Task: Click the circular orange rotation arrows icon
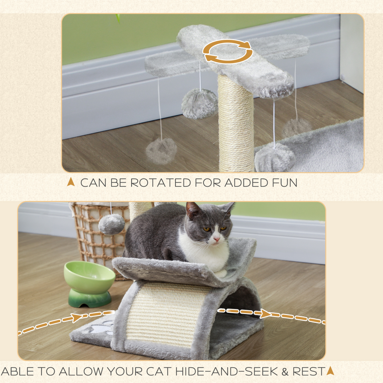point(227,51)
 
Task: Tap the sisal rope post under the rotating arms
point(236,124)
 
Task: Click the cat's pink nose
point(216,239)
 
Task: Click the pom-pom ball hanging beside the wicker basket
point(111,224)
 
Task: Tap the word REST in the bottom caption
point(309,371)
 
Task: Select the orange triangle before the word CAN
point(71,182)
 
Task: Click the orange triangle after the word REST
point(330,371)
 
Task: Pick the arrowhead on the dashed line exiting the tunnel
point(266,313)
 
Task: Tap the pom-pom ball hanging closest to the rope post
point(200,103)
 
